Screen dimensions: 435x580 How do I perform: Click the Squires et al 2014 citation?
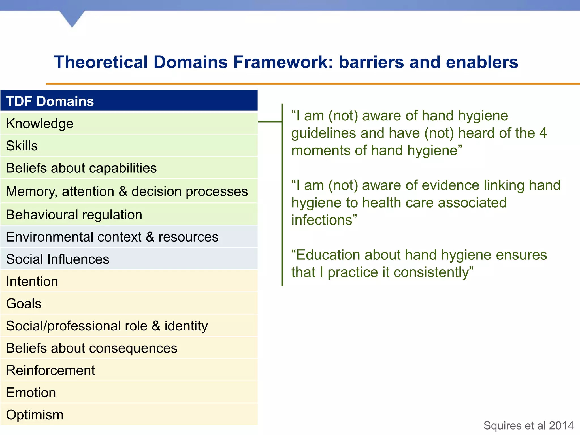pos(528,426)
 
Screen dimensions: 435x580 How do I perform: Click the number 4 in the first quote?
pos(543,133)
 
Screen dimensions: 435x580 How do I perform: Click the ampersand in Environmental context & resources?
pos(150,237)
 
